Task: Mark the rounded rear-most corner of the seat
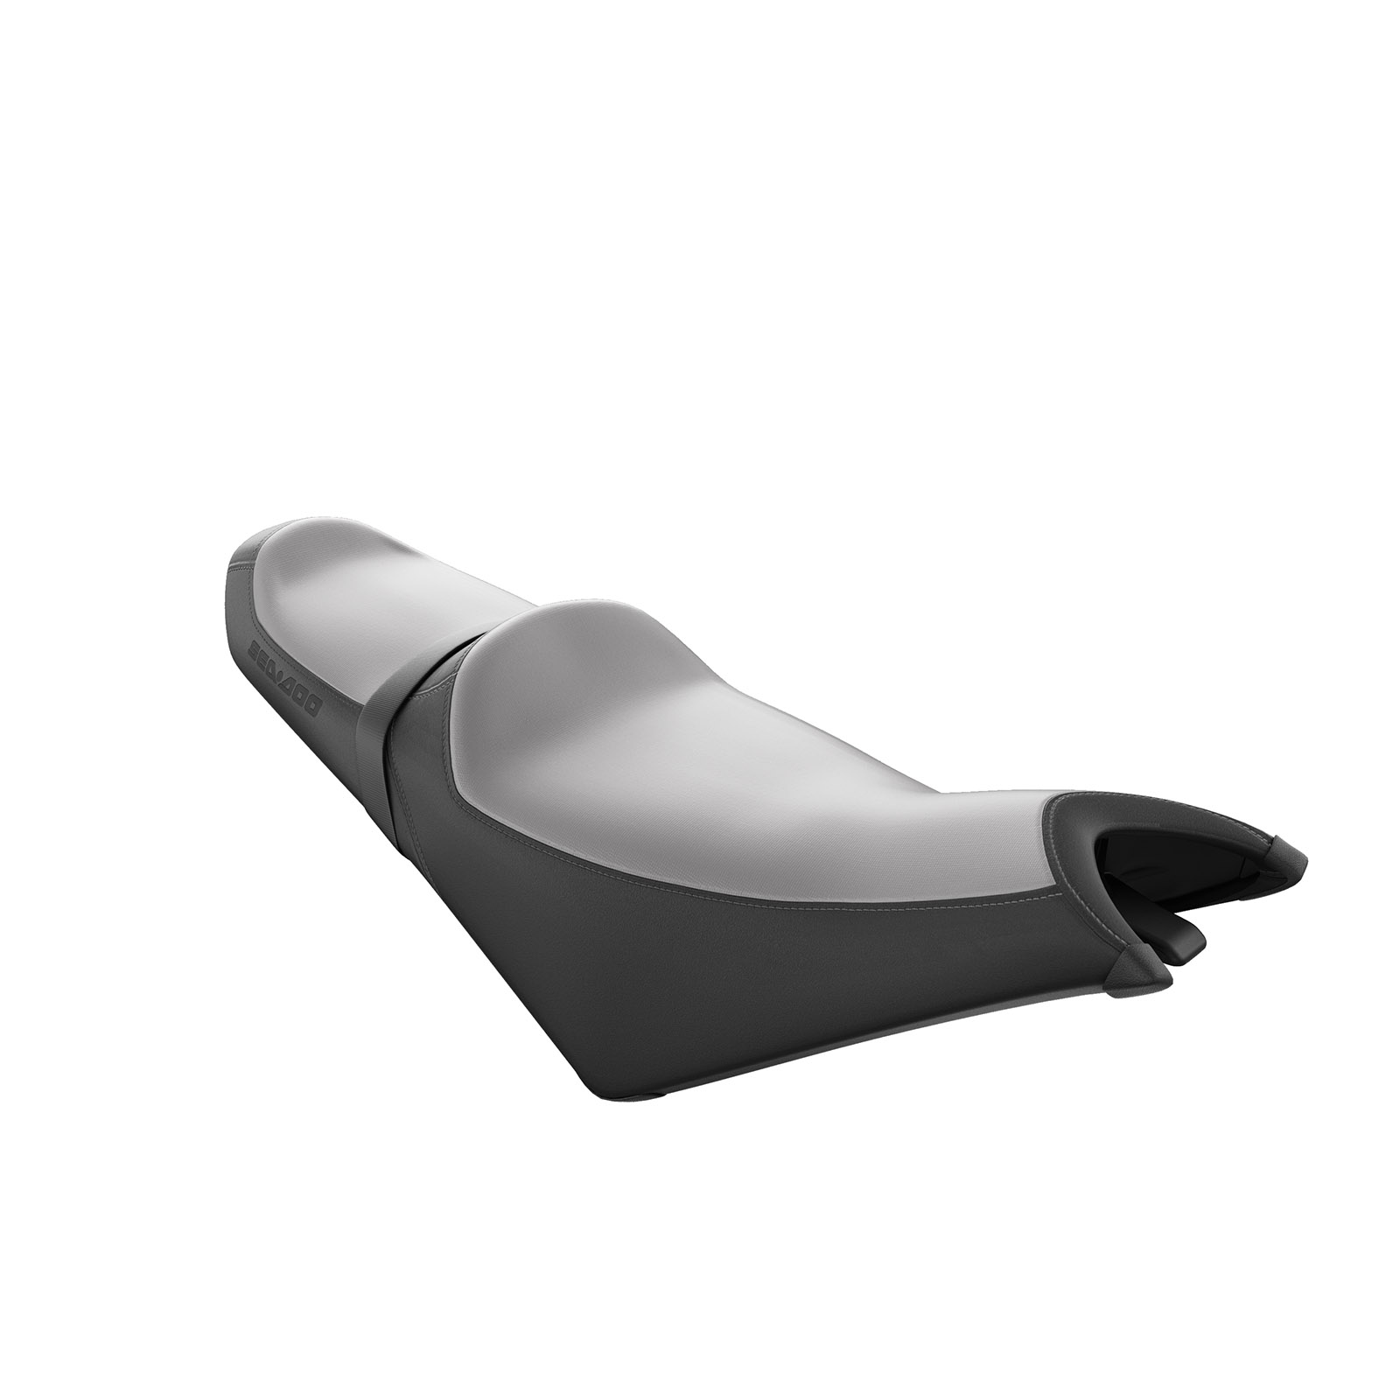[241, 560]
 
